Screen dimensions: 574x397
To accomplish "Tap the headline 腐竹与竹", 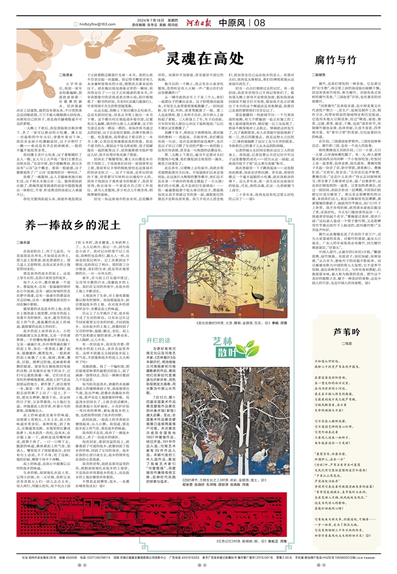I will point(335,59).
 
